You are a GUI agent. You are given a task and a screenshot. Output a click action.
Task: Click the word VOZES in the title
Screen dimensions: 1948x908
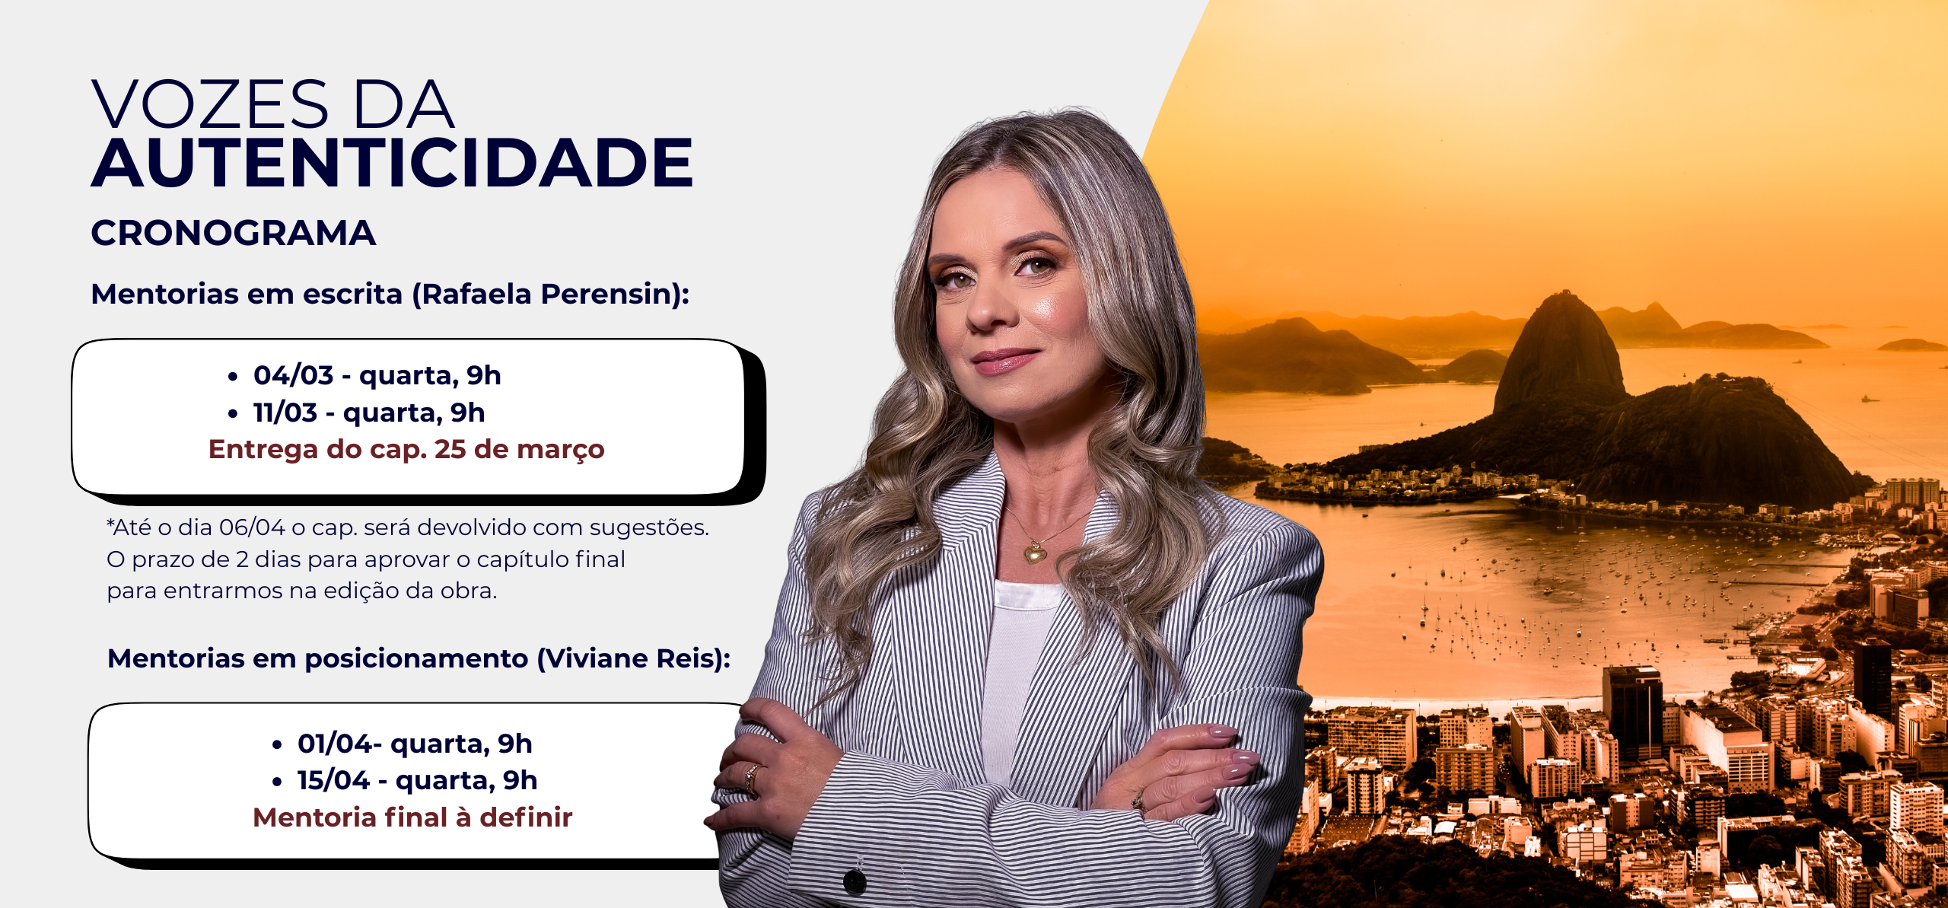[x=211, y=104]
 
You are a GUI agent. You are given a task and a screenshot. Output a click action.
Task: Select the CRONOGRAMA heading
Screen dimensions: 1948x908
[x=234, y=233]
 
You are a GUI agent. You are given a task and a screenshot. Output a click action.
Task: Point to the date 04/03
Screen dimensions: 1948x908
[x=294, y=375]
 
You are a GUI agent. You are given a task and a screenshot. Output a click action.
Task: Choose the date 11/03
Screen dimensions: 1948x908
[x=285, y=413]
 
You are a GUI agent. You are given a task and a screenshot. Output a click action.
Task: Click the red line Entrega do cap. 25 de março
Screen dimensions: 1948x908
[x=406, y=449]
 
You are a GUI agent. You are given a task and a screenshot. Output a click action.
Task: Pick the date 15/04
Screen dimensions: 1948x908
[x=333, y=780]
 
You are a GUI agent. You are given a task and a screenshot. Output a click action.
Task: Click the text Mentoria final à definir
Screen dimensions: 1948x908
[x=412, y=817]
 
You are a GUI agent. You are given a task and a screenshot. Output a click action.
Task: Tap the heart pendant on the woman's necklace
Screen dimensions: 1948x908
[x=1034, y=553]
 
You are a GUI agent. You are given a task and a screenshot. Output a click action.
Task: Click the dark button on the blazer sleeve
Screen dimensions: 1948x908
[x=855, y=881]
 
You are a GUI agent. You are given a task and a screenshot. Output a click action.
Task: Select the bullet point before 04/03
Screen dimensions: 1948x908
[x=233, y=376]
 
